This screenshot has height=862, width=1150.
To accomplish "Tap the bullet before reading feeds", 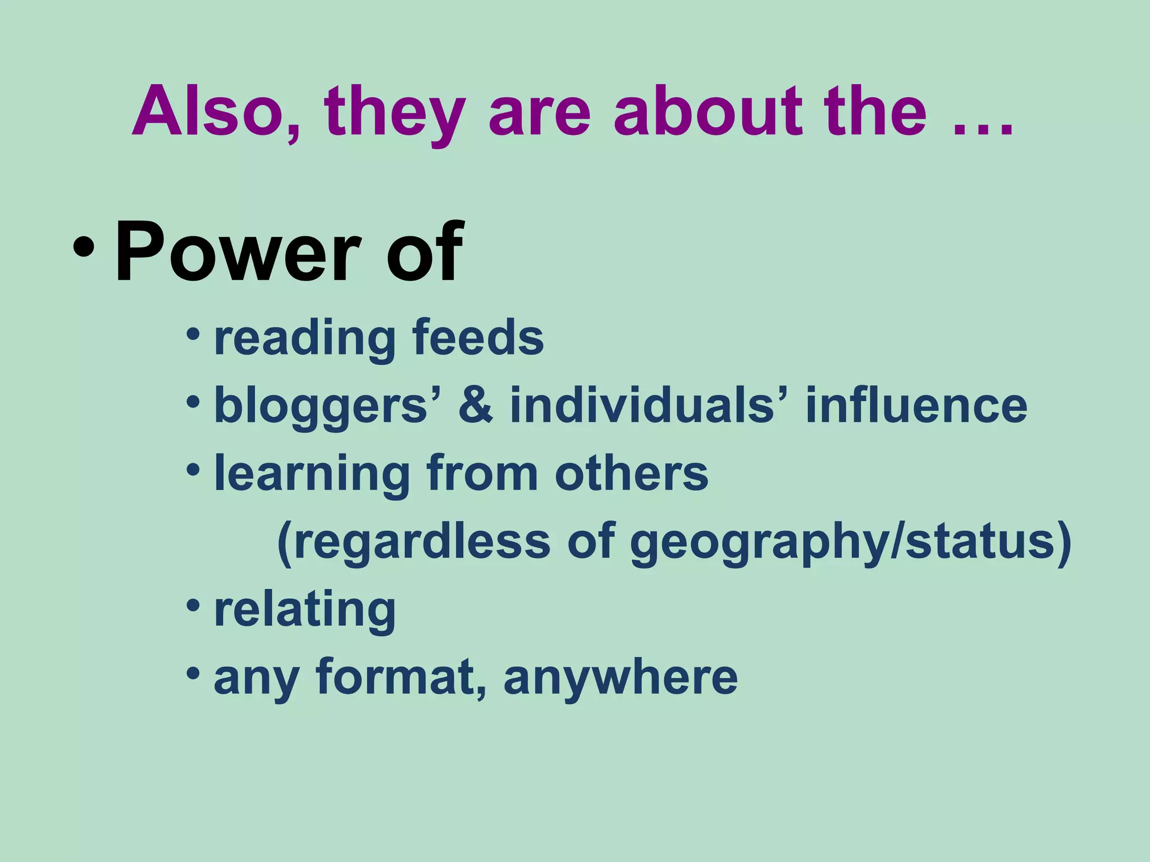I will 193,335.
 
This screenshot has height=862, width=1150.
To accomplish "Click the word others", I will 632,473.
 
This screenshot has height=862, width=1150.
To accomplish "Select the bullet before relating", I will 193,606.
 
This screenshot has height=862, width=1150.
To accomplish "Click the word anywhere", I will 620,678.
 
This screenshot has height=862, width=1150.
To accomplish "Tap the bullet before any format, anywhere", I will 193,673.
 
